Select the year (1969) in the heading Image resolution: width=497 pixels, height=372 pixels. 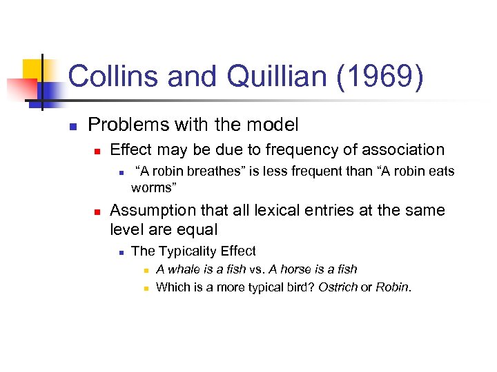[x=380, y=76]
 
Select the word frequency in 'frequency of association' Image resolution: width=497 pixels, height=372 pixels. [x=307, y=149]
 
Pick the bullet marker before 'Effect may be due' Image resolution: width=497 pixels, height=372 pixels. [x=98, y=150]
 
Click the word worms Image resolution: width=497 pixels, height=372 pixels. [x=151, y=187]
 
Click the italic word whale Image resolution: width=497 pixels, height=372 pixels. [x=182, y=269]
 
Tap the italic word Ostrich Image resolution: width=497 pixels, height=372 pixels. [x=338, y=287]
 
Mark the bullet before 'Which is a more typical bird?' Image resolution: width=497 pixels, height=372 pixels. [x=146, y=287]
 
